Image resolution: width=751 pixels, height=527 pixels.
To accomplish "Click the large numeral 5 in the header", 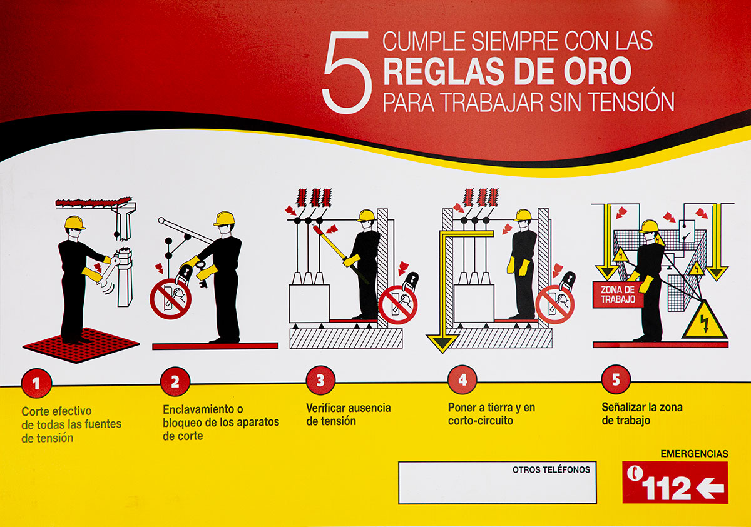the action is (347, 72).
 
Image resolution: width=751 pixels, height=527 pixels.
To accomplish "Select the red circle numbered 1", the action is (36, 383).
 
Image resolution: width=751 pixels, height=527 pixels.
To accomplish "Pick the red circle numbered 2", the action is (175, 382).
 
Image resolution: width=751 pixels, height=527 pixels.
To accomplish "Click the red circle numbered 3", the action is (320, 380).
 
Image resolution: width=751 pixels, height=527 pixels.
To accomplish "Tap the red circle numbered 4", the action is (462, 379).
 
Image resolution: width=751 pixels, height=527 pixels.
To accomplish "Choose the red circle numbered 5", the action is (616, 379).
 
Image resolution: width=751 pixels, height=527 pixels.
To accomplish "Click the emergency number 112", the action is (666, 489).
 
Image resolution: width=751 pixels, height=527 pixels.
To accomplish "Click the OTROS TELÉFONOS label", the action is (551, 469).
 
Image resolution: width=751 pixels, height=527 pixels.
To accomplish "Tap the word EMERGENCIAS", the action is (694, 454).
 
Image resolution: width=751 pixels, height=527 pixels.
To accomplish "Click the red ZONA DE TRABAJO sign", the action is (618, 294).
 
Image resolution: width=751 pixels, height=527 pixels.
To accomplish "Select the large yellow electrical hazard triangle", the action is (705, 321).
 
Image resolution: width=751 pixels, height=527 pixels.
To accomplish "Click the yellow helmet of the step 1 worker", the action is (74, 223).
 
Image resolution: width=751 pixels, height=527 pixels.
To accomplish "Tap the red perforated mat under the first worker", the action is (81, 346).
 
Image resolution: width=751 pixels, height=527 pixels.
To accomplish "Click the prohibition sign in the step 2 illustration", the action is (170, 299).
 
